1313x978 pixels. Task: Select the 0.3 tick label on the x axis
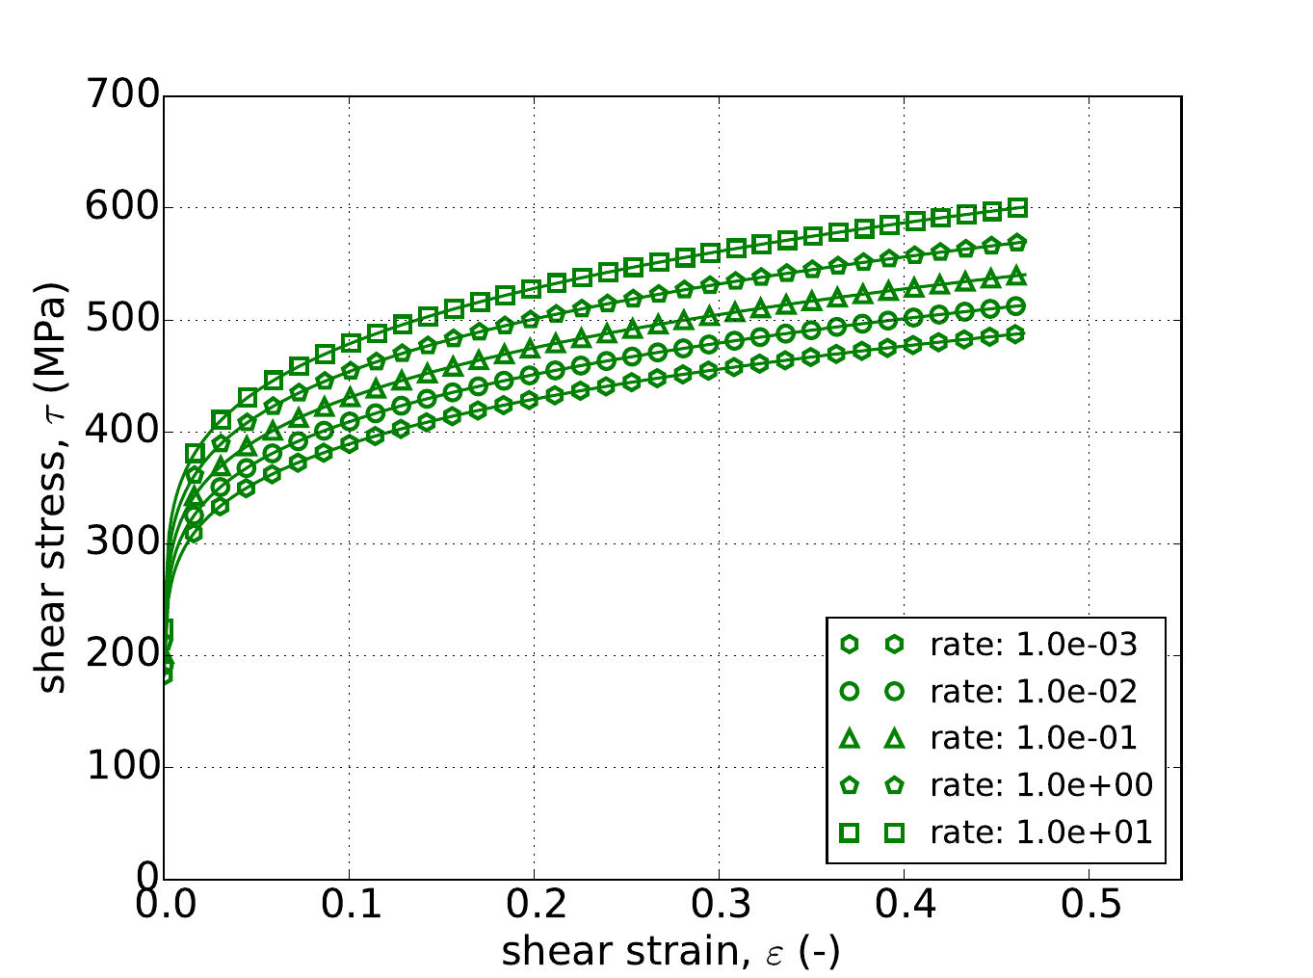pos(719,907)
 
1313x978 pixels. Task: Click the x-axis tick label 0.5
pos(1089,907)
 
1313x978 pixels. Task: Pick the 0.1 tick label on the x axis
pos(349,907)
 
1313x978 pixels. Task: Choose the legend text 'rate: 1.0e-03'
pos(1034,645)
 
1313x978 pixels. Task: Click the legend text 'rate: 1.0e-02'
pos(1034,691)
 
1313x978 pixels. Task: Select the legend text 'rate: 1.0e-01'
pos(1034,738)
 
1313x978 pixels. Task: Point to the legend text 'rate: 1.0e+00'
pos(1041,784)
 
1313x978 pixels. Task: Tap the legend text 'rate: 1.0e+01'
pos(1041,832)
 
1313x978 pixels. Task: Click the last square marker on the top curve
pos(1017,208)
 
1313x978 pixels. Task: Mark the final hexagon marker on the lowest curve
pos(1017,334)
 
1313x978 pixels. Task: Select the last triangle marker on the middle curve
pos(1017,278)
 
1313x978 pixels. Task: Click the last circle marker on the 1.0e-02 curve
pos(1017,306)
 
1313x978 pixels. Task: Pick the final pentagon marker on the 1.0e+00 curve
pos(1017,242)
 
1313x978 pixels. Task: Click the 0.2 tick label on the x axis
pos(534,907)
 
